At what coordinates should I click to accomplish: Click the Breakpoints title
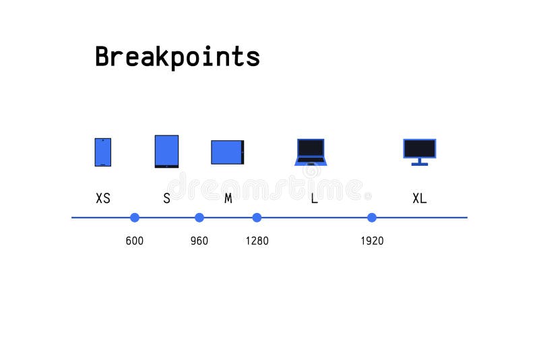pyautogui.click(x=177, y=57)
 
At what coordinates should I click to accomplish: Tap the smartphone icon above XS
pyautogui.click(x=102, y=152)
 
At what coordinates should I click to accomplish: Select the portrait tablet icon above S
pyautogui.click(x=166, y=151)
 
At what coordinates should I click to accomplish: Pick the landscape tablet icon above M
pyautogui.click(x=227, y=152)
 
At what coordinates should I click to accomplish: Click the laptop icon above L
pyautogui.click(x=311, y=152)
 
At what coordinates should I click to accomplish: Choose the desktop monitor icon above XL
pyautogui.click(x=419, y=149)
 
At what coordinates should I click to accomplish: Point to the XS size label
pyautogui.click(x=103, y=198)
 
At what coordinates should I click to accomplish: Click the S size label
pyautogui.click(x=166, y=198)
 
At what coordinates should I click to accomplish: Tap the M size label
pyautogui.click(x=228, y=198)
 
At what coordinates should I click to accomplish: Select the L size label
pyautogui.click(x=314, y=198)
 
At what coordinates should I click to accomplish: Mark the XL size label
pyautogui.click(x=419, y=198)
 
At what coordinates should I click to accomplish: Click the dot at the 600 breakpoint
pyautogui.click(x=135, y=217)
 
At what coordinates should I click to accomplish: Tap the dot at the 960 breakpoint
pyautogui.click(x=199, y=217)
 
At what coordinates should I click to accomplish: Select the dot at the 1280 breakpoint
pyautogui.click(x=257, y=217)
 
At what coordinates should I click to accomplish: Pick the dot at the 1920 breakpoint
pyautogui.click(x=372, y=217)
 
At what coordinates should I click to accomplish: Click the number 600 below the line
pyautogui.click(x=135, y=241)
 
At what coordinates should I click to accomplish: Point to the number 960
pyautogui.click(x=199, y=241)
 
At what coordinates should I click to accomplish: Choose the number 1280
pyautogui.click(x=257, y=241)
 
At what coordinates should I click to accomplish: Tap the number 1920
pyautogui.click(x=372, y=241)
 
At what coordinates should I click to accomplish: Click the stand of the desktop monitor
pyautogui.click(x=419, y=162)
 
